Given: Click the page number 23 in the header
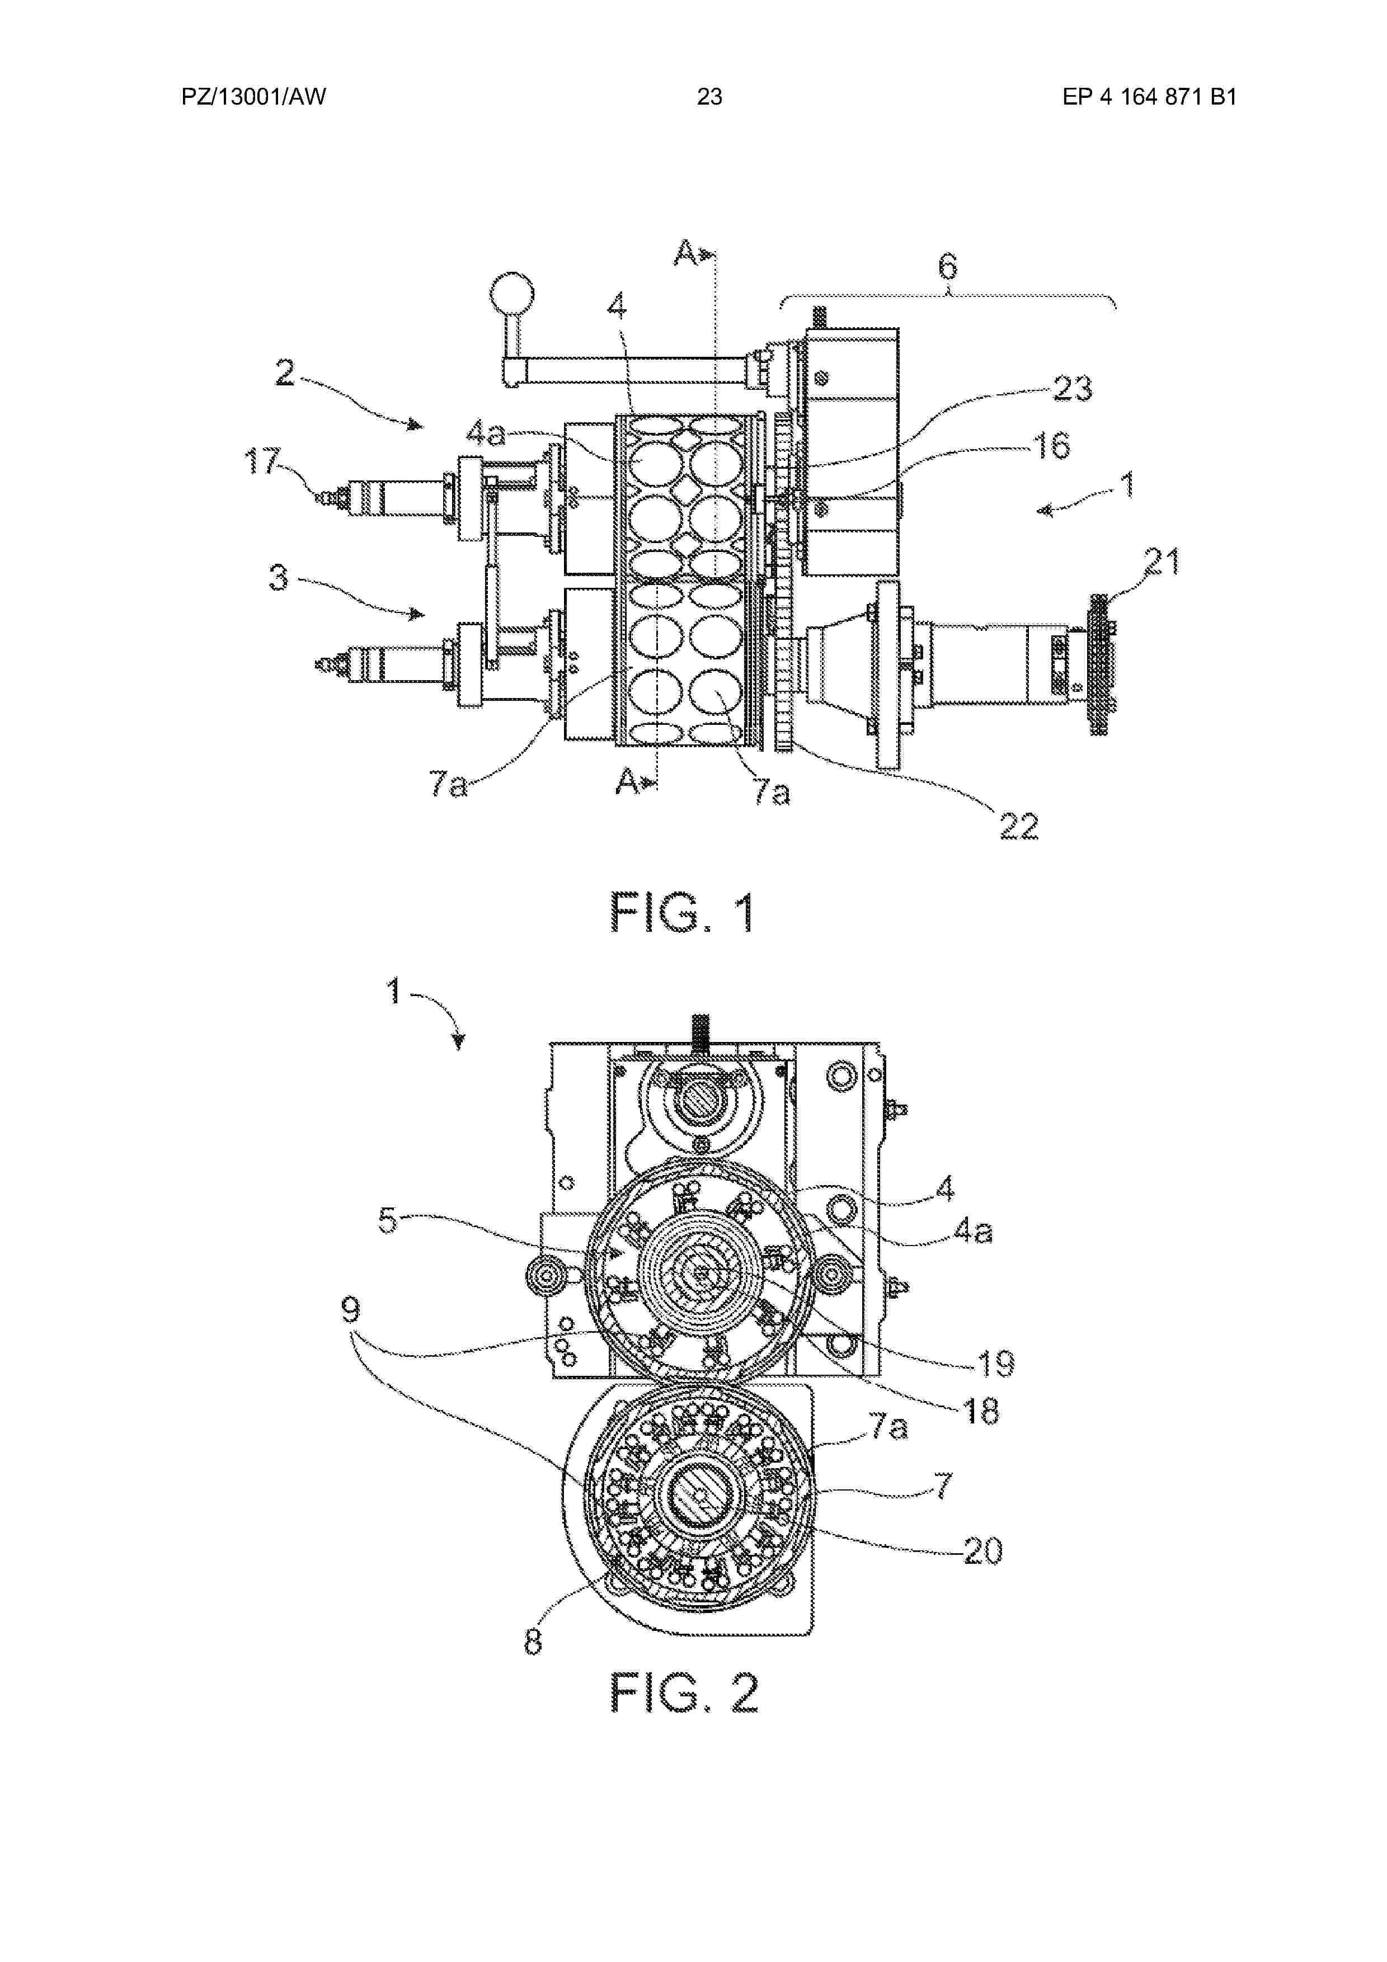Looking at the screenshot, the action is point(709,97).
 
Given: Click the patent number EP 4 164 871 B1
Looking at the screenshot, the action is point(1149,97).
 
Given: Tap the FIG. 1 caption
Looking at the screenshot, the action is point(683,913).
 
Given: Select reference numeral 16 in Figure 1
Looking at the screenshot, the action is point(1051,445).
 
